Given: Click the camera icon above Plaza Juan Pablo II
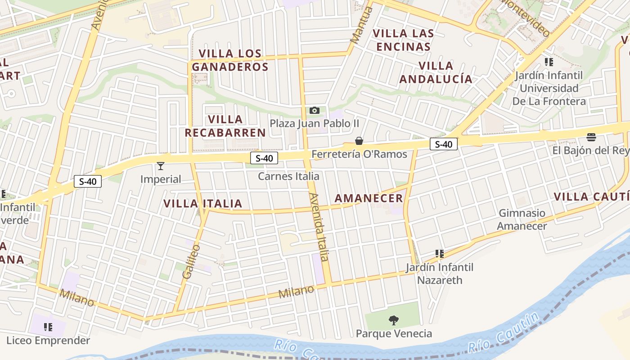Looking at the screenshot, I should (315, 110).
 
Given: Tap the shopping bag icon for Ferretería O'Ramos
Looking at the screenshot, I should (359, 141).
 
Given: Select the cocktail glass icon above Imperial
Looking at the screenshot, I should (160, 166).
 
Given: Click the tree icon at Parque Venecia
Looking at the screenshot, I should (394, 320).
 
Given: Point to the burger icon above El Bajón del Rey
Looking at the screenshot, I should (591, 137).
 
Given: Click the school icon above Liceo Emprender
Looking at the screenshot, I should (48, 327).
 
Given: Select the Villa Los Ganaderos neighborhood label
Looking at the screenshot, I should (230, 60).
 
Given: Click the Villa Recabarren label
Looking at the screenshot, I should (225, 126).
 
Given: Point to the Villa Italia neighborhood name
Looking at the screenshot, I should (203, 203).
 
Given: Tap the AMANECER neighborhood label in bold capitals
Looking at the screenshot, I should (369, 198).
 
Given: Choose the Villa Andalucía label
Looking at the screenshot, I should (436, 72).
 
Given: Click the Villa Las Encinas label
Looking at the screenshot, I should (404, 40).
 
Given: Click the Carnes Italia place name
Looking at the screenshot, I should (288, 176).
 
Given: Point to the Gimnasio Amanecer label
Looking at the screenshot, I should (522, 219).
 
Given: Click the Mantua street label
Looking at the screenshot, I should (361, 25).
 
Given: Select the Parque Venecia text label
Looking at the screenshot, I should (394, 333).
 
